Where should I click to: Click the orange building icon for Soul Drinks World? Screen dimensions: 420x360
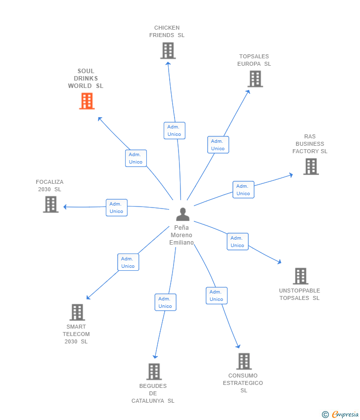pos(87,101)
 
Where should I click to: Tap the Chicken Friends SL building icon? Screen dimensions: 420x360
pos(168,50)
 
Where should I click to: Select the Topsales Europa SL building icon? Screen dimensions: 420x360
pos(255,79)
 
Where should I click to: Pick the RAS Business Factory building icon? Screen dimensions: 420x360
pos(311,167)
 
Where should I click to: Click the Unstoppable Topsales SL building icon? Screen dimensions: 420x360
pos(300,276)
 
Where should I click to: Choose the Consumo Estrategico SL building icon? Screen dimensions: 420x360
pos(243,361)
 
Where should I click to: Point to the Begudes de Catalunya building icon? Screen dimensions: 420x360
pos(154,372)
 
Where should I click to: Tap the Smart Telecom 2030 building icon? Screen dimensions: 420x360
pos(77,312)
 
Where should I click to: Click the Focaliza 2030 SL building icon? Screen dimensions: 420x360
pos(50,204)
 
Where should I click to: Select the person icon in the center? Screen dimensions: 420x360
pos(182,214)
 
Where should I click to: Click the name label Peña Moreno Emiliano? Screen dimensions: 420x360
pos(181,235)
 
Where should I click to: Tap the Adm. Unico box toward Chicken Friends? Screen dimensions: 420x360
pos(174,130)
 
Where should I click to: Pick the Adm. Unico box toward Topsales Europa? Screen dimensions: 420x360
pos(218,145)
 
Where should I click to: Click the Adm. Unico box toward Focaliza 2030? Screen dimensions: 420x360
pos(116,208)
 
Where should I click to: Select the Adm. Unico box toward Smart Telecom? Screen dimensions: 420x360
pos(128,262)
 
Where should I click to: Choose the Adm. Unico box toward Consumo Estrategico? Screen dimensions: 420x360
pos(216,295)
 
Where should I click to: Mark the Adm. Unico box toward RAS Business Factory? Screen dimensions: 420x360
pos(243,190)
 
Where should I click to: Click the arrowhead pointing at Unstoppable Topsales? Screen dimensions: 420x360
pos(279,262)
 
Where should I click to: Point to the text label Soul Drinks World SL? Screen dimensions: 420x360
pos(86,79)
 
